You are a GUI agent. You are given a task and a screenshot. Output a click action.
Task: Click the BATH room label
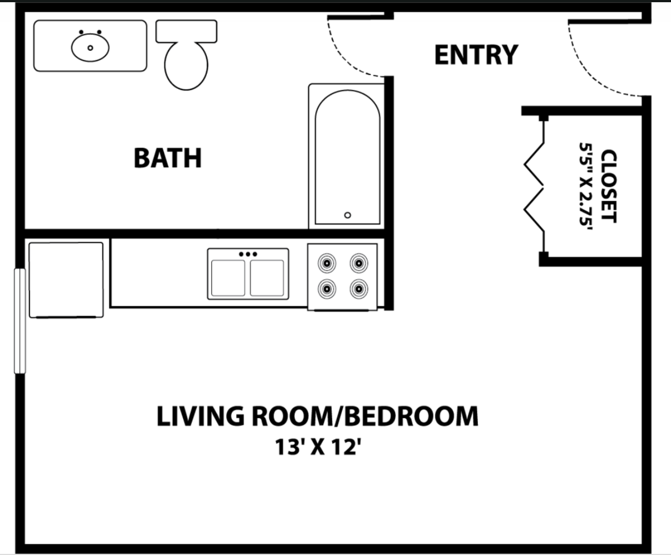click(x=167, y=158)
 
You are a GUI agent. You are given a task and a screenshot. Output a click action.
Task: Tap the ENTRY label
click(x=476, y=55)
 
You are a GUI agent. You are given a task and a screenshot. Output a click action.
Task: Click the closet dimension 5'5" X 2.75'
click(x=586, y=186)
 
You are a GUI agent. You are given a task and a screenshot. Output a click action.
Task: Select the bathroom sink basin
click(x=90, y=47)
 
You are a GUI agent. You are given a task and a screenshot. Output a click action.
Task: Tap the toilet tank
click(x=187, y=31)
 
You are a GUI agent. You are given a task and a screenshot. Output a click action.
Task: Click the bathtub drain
click(x=347, y=215)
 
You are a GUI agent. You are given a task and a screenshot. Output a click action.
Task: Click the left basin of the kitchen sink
click(x=227, y=277)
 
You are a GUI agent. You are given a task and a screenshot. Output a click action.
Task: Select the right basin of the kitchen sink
click(x=267, y=277)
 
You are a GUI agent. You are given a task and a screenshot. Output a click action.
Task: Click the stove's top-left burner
click(x=327, y=263)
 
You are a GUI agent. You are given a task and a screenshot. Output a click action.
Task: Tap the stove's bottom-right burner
click(x=359, y=287)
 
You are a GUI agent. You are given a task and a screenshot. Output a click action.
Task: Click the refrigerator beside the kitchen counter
click(x=66, y=280)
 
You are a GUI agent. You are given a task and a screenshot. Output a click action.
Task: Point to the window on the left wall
click(x=20, y=321)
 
